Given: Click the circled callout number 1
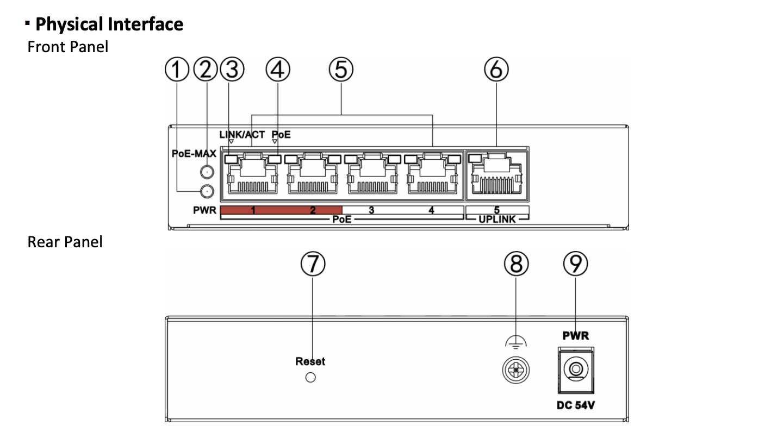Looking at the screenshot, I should click(178, 70).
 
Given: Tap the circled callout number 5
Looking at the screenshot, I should click(341, 70).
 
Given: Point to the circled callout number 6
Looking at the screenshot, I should click(496, 70).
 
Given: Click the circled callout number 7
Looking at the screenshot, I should click(313, 265).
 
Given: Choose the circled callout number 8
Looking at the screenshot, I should click(515, 265).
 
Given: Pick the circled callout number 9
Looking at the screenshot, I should click(575, 265).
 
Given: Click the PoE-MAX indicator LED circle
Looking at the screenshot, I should click(207, 172).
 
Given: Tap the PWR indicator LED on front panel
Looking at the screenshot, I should click(207, 191).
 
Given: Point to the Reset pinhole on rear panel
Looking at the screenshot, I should click(310, 378).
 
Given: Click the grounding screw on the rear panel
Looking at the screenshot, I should click(515, 371).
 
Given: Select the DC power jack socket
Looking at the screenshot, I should click(575, 371).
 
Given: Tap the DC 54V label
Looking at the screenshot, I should click(575, 406).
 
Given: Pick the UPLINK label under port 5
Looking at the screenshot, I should click(497, 219).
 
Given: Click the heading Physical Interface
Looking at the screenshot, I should click(109, 24).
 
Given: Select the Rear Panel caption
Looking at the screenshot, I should click(65, 242).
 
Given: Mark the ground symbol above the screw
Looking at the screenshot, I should click(514, 342).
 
